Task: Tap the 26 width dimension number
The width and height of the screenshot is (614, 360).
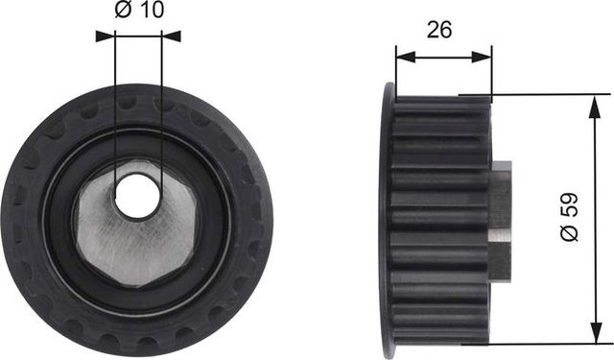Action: pyautogui.click(x=440, y=30)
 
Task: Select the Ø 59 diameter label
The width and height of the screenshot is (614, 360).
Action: pyautogui.click(x=569, y=219)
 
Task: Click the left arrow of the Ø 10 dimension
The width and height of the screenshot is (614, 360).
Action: pyautogui.click(x=105, y=36)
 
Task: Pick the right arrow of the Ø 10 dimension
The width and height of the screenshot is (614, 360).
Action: pyautogui.click(x=172, y=36)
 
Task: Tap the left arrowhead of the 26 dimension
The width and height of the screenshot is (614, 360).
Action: pyautogui.click(x=403, y=57)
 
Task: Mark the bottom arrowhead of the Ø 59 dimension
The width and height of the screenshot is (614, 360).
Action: pyautogui.click(x=596, y=335)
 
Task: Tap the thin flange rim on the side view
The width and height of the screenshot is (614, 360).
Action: pyautogui.click(x=388, y=221)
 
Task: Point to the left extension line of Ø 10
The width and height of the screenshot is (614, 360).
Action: pyautogui.click(x=115, y=115)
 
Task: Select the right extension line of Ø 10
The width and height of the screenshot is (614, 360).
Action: pyautogui.click(x=161, y=115)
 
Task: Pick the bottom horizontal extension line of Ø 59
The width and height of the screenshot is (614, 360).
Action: pyautogui.click(x=547, y=344)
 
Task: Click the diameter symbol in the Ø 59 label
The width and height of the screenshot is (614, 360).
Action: pyautogui.click(x=569, y=233)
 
